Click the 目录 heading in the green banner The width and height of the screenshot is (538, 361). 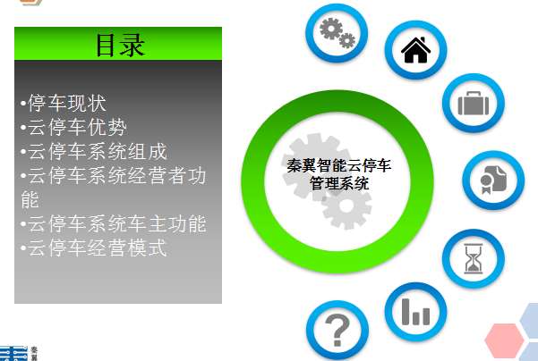tap(120, 45)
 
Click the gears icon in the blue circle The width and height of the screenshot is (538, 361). tap(337, 33)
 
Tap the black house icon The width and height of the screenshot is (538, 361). tap(415, 50)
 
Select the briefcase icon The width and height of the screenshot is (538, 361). tap(474, 104)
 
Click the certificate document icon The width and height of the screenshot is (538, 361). tap(493, 180)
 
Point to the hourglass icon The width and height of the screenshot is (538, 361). tap(474, 258)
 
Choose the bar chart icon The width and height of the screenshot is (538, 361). tap(415, 312)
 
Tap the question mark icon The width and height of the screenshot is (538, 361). tap(337, 330)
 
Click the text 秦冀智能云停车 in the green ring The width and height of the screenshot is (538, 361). tap(339, 165)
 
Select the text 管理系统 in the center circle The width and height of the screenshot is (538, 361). tap(339, 183)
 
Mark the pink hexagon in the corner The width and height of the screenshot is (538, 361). tap(504, 340)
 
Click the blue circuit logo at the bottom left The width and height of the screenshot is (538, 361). tap(13, 354)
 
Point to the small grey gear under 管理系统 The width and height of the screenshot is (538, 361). tap(346, 206)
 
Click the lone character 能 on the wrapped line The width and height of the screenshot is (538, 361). tap(30, 199)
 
